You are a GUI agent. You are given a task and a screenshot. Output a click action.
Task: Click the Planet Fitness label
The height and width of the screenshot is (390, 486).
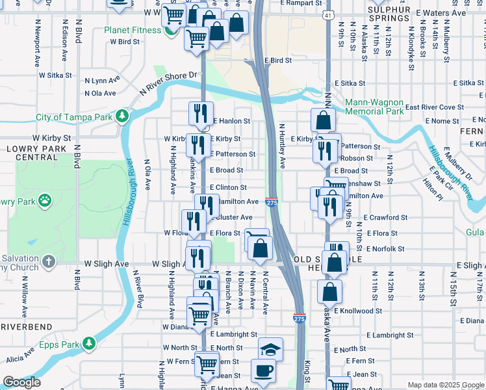[134, 30]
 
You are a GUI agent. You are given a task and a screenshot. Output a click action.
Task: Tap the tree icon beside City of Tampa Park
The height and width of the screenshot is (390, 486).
[122, 117]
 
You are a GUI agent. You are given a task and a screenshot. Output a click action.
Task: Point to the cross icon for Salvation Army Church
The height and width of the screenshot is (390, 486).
[49, 263]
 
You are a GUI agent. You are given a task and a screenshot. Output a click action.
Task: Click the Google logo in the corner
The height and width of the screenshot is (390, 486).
[21, 382]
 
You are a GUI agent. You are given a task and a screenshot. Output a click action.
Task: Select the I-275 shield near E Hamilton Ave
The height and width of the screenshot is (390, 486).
[272, 203]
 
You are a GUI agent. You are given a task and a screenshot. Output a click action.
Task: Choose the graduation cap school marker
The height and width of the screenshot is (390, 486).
[270, 348]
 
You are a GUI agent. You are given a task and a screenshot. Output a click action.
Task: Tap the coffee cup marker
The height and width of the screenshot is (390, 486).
[264, 371]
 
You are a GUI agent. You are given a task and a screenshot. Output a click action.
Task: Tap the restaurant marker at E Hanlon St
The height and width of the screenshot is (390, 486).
[201, 113]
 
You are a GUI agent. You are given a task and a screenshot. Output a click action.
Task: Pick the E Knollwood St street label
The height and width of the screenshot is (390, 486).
[359, 311]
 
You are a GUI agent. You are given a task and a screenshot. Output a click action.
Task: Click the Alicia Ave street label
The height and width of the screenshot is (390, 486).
[19, 359]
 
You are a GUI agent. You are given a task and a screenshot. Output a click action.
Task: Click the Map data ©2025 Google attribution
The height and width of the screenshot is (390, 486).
[446, 385]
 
